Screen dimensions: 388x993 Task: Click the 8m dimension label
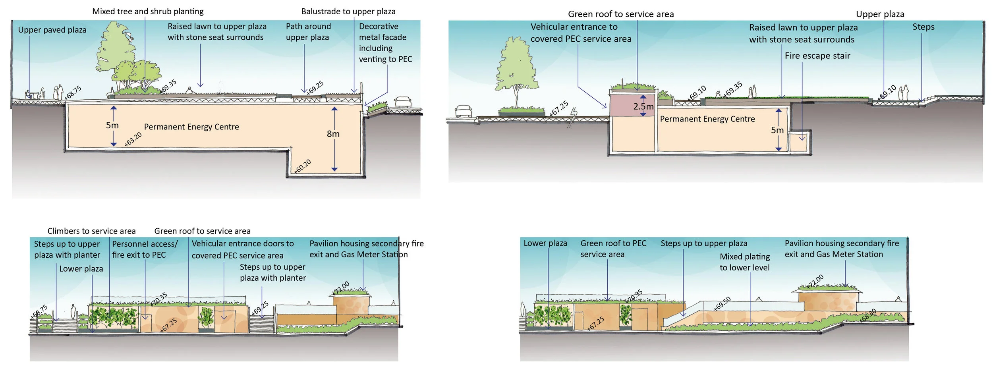click(x=333, y=134)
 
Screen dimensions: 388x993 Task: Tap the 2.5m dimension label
click(x=643, y=106)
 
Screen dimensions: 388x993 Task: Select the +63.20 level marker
click(x=133, y=139)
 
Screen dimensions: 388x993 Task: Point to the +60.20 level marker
click(x=302, y=166)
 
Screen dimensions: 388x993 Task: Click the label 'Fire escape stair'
click(x=817, y=56)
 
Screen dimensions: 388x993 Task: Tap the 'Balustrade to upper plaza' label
click(x=348, y=12)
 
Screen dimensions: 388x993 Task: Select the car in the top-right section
click(x=464, y=111)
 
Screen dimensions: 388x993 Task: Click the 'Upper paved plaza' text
click(x=52, y=30)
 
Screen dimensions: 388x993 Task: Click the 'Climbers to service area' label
click(x=91, y=231)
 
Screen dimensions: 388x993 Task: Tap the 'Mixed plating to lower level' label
click(x=744, y=263)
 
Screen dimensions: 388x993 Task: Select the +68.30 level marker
click(x=867, y=316)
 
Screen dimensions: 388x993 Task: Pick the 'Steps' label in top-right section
click(x=923, y=27)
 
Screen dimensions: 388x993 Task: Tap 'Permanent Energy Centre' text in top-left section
click(x=191, y=127)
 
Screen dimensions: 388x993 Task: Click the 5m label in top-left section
click(x=112, y=125)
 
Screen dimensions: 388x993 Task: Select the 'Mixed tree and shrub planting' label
click(x=148, y=12)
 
